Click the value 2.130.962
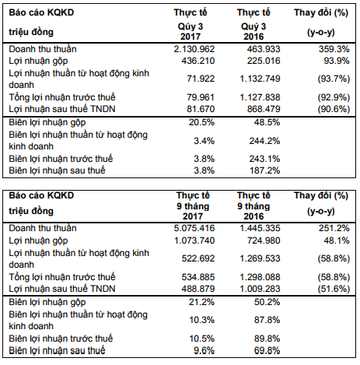click(194, 49)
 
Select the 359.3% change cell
click(334, 49)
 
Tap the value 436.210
click(198, 61)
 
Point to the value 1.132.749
click(260, 79)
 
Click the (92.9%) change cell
click(334, 97)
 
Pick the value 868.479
click(264, 109)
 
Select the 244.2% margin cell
click(264, 141)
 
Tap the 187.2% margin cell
click(264, 170)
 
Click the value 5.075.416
click(194, 228)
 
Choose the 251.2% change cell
click(334, 228)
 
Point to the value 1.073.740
click(194, 240)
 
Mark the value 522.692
click(198, 258)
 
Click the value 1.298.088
click(260, 277)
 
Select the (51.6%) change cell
click(334, 289)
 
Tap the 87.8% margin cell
click(267, 320)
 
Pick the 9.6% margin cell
click(204, 350)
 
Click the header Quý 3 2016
click(253, 31)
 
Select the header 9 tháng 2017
click(193, 211)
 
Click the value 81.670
click(201, 109)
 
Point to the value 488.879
click(198, 289)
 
